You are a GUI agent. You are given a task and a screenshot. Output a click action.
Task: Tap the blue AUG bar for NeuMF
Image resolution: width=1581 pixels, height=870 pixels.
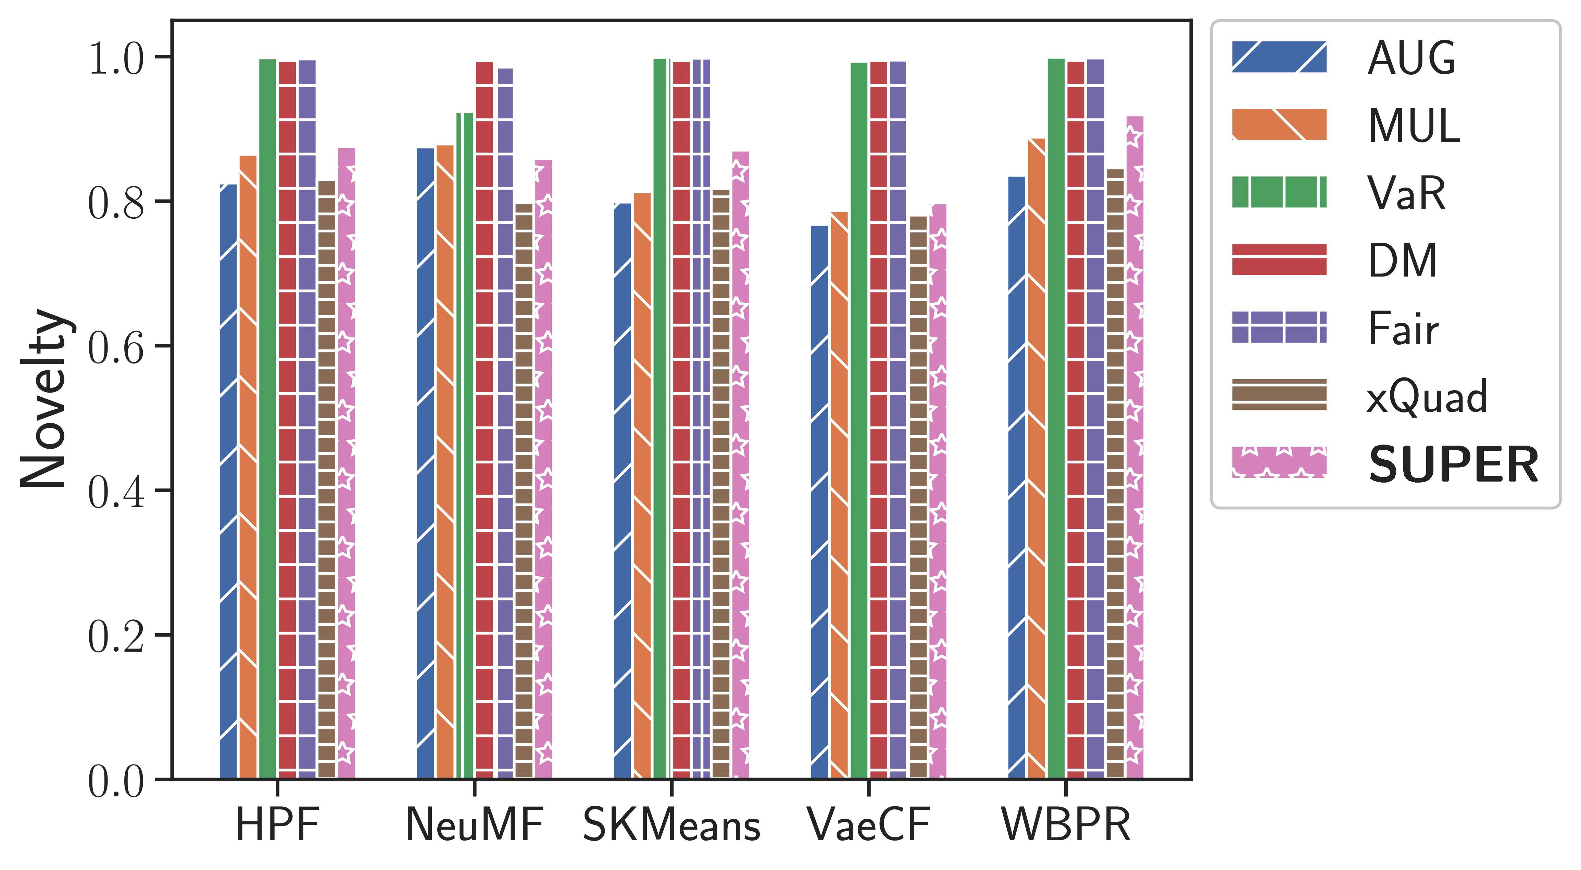[425, 463]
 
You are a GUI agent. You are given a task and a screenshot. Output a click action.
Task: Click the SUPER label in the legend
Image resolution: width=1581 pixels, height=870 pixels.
[1453, 464]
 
